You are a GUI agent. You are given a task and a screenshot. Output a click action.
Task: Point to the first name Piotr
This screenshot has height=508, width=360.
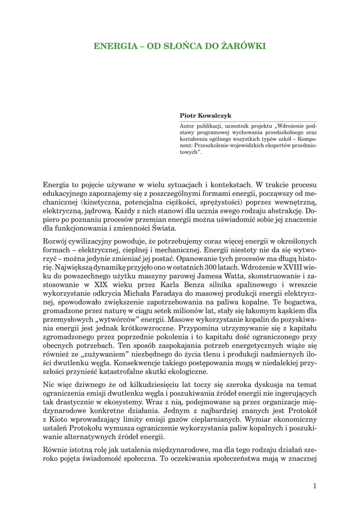(x=188, y=115)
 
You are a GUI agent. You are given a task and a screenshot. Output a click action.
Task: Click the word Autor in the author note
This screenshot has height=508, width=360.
(x=188, y=126)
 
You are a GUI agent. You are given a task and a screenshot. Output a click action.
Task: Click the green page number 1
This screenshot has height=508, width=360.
(x=314, y=486)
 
